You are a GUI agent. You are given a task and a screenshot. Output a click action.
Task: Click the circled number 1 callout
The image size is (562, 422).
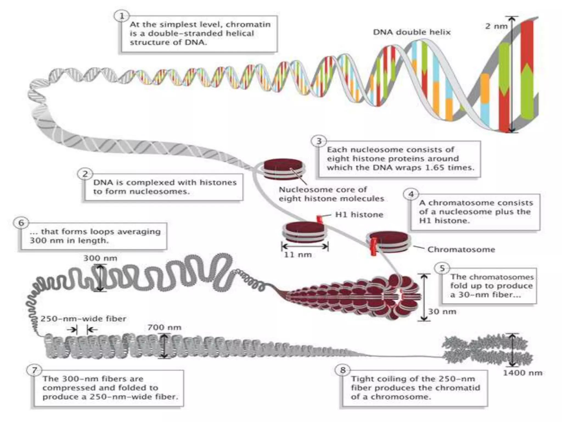(122, 16)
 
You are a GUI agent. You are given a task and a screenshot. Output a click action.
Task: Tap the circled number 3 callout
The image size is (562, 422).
(319, 141)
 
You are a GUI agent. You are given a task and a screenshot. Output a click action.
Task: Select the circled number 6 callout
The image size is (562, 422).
(21, 223)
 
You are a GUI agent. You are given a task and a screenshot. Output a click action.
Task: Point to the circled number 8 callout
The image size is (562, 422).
(343, 370)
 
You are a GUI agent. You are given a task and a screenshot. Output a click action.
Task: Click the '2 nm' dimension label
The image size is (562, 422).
(496, 26)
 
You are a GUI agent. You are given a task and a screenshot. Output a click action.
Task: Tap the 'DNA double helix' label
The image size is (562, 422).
(412, 32)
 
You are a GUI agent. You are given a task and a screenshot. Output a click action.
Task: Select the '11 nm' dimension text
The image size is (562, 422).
(298, 255)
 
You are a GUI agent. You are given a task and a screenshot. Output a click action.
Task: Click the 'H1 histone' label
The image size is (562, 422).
(359, 214)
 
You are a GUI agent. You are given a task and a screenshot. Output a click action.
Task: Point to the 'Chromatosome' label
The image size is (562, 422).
(461, 249)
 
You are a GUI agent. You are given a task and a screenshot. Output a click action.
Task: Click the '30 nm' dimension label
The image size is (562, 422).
(442, 312)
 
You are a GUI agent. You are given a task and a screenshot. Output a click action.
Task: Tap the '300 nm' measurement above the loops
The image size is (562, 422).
(100, 258)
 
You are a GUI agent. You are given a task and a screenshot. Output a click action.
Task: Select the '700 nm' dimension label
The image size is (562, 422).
(164, 327)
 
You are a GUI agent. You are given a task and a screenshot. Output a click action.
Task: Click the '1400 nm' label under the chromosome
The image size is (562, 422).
(522, 373)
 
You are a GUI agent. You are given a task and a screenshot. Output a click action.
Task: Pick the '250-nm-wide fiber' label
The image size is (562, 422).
(83, 319)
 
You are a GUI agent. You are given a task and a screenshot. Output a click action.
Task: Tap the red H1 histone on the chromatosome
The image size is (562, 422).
(373, 246)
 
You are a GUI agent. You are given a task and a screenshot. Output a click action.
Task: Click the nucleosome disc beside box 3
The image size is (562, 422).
(284, 168)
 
